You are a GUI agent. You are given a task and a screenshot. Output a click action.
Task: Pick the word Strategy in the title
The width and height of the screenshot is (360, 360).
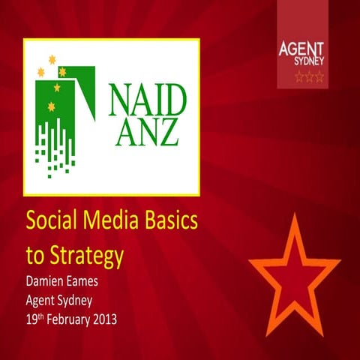85,257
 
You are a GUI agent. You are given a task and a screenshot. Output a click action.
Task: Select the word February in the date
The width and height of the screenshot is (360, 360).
83,320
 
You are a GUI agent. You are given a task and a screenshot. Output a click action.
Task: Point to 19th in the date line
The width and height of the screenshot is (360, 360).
36,320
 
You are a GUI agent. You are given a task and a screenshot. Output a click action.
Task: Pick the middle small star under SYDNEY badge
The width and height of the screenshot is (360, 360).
309,76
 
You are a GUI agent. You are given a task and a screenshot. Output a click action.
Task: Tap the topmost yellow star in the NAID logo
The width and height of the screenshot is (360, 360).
52,59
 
